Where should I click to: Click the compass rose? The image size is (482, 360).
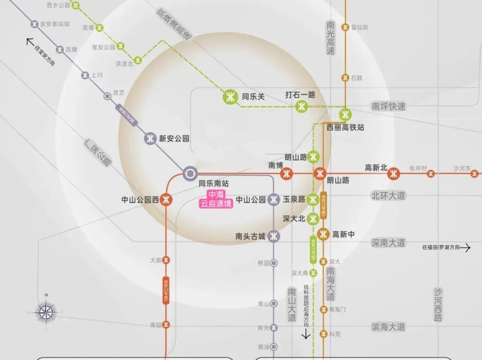click(46, 311)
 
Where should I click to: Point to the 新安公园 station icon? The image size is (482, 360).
click(150, 139)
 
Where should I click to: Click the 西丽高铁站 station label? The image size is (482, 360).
click(345, 127)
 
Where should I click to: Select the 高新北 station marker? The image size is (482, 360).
click(394, 173)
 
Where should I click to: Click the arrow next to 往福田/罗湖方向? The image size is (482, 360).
click(465, 248)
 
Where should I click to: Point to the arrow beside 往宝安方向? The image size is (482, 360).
click(30, 41)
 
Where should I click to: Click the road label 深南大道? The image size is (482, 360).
click(388, 243)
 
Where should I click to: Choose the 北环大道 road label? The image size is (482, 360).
click(388, 195)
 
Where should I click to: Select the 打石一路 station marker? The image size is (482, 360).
click(301, 107)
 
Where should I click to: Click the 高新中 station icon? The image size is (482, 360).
click(324, 234)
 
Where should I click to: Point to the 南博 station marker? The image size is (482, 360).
click(287, 173)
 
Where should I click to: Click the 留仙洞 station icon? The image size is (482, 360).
click(345, 27)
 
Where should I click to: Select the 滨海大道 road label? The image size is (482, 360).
click(388, 326)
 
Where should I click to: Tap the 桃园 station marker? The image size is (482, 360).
click(274, 263)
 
